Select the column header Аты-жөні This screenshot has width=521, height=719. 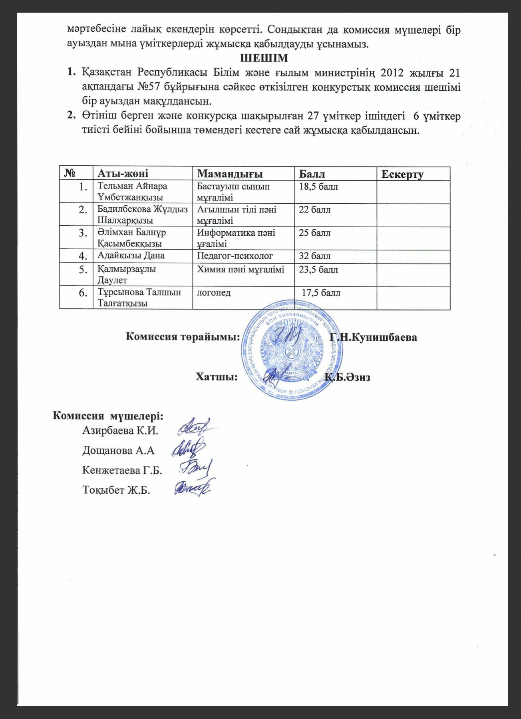click(123, 174)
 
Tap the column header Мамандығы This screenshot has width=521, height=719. click(230, 174)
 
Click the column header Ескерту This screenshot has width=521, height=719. click(402, 174)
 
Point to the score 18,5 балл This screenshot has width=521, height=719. click(318, 187)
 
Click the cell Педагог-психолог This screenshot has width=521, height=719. click(235, 256)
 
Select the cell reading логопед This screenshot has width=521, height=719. click(214, 292)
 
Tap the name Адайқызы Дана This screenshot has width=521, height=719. click(131, 256)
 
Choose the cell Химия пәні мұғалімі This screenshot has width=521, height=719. click(241, 270)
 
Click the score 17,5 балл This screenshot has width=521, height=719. click(321, 293)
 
